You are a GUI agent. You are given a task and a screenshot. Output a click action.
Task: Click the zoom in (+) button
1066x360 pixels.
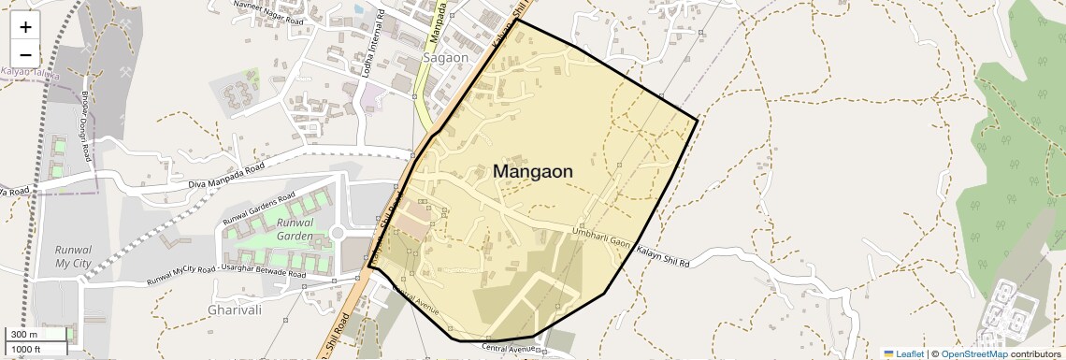point(25,28)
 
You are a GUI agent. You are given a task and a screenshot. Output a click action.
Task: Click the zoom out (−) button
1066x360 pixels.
point(25,53)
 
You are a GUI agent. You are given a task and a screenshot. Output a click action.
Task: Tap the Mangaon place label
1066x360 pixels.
point(532,172)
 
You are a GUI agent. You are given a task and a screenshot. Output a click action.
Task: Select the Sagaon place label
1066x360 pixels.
point(445,57)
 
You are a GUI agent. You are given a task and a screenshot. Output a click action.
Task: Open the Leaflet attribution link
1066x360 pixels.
point(904,353)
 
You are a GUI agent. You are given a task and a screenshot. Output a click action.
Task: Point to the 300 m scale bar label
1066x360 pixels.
point(24,334)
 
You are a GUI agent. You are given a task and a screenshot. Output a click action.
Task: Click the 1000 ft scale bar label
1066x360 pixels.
point(28,349)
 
